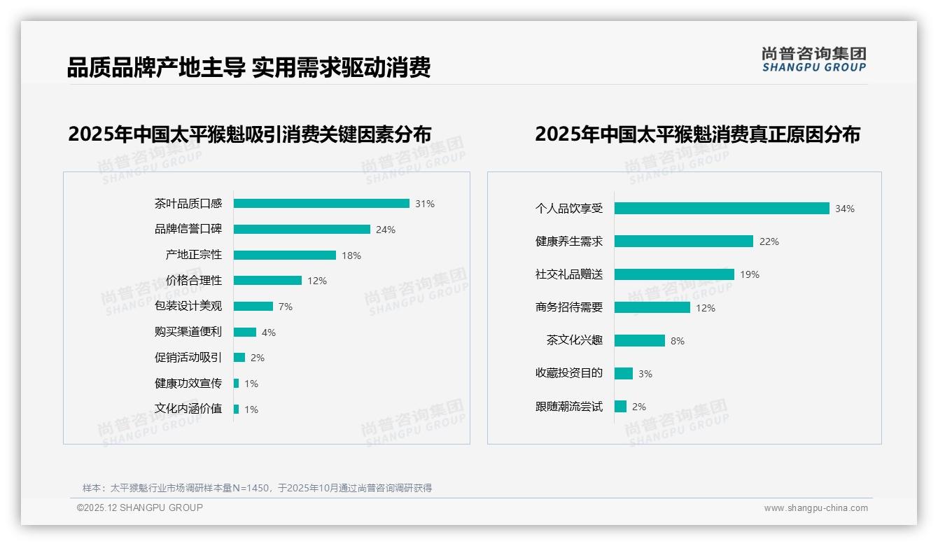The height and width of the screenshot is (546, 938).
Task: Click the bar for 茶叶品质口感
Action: (321, 204)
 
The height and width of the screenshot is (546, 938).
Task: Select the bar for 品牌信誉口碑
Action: (302, 229)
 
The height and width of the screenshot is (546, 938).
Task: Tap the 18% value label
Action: (351, 255)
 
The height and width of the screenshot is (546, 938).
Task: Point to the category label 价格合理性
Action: (194, 281)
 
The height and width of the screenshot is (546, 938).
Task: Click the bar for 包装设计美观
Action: (253, 307)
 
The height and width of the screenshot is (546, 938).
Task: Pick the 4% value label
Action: (269, 332)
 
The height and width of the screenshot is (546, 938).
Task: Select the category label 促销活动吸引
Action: (188, 358)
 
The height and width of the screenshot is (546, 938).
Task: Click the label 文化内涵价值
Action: (188, 409)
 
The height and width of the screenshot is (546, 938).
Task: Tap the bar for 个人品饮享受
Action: (722, 209)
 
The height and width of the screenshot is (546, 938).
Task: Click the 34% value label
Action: (845, 209)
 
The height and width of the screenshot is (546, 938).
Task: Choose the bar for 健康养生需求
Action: (684, 241)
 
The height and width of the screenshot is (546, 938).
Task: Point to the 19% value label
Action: (750, 274)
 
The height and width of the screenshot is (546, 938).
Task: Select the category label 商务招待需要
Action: (569, 307)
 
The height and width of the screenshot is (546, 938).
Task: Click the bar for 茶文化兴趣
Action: (640, 341)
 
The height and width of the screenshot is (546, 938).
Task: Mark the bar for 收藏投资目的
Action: (624, 374)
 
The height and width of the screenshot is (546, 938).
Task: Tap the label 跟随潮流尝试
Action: (569, 407)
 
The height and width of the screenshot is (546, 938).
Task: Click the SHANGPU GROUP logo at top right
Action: (814, 59)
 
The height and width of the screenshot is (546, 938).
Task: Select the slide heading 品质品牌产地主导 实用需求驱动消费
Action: (248, 68)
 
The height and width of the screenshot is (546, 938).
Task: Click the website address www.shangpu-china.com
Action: (815, 508)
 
